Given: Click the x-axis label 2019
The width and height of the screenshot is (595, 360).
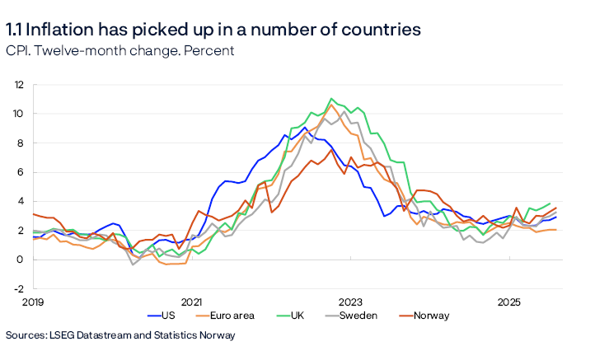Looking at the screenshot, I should point(32,302).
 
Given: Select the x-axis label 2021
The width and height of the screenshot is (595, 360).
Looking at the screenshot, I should point(191,302).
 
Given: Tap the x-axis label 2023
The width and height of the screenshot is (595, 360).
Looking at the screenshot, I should point(350,302).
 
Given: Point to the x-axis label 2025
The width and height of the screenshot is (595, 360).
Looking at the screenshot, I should point(509,302).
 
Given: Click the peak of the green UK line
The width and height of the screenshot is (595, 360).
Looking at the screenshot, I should point(331,99).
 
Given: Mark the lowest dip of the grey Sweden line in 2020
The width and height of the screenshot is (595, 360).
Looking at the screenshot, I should point(134,264).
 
